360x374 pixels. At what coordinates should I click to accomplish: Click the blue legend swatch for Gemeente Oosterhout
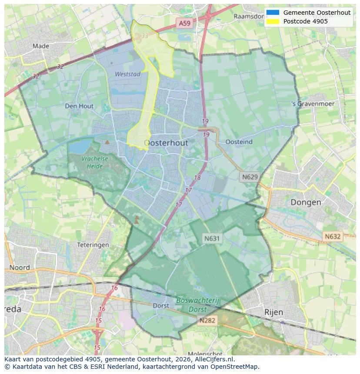(x=273, y=13)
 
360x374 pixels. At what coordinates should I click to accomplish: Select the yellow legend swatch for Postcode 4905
(x=273, y=21)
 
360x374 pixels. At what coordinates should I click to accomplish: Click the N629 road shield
(x=250, y=177)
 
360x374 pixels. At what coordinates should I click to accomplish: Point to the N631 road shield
(x=212, y=238)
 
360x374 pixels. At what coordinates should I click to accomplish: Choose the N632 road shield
(x=333, y=237)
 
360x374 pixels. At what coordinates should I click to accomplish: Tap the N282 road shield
(x=208, y=321)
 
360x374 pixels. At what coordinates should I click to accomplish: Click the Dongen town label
(x=306, y=202)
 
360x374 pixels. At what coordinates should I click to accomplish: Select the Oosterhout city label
(x=166, y=143)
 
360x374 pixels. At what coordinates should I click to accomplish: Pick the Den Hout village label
(x=79, y=106)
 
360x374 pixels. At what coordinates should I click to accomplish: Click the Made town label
(x=41, y=46)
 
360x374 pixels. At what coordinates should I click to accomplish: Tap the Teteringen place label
(x=93, y=245)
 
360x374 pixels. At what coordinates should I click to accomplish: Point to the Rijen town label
(x=273, y=312)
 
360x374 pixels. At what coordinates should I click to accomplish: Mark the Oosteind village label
(x=239, y=142)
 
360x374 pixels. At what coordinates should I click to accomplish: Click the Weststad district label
(x=127, y=74)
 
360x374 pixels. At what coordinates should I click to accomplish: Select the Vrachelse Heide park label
(x=94, y=162)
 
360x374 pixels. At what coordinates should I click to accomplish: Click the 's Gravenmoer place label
(x=313, y=104)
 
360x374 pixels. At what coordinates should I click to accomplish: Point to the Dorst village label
(x=161, y=306)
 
